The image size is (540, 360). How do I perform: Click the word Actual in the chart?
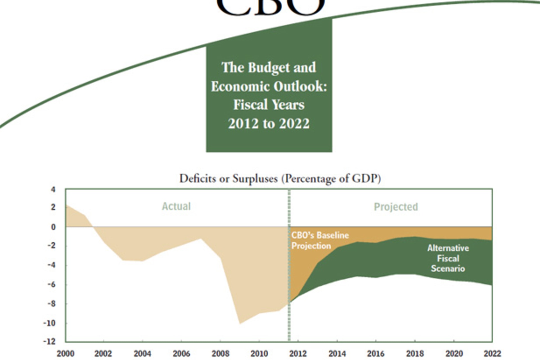click(176, 206)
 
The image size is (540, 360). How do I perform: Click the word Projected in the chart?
click(396, 207)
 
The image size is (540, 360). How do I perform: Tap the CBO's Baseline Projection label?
click(320, 240)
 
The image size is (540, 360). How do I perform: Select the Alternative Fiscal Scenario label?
click(448, 258)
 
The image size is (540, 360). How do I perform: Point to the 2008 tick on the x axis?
click(220, 354)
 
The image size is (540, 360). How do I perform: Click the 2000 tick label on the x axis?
click(65, 354)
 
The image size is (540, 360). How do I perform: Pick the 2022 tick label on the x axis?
click(492, 354)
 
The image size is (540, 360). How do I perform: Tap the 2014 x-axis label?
click(337, 354)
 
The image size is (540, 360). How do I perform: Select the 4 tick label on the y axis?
click(53, 190)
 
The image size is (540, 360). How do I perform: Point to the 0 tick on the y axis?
click(53, 227)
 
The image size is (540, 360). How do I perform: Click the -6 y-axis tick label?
click(51, 284)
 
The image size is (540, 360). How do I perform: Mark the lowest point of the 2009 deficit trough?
click(240, 323)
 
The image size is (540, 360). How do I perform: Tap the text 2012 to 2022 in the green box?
click(269, 123)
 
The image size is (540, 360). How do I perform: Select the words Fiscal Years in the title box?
click(269, 105)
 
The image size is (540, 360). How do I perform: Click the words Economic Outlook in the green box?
click(269, 86)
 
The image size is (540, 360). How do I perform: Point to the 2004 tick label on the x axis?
click(142, 354)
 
